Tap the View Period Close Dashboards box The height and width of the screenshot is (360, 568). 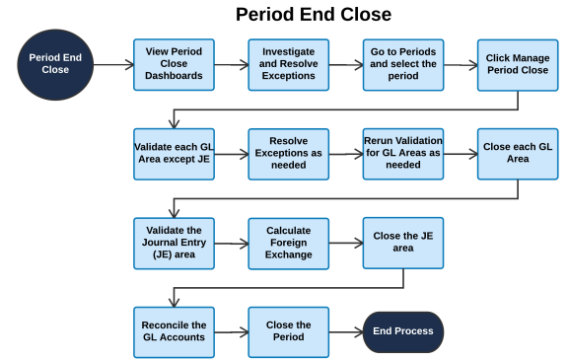(x=174, y=64)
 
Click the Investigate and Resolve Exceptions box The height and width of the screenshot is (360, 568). (x=288, y=64)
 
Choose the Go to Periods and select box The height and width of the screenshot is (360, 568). (x=403, y=65)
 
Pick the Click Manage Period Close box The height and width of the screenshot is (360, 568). (x=518, y=65)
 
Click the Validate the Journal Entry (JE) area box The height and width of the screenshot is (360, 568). (x=174, y=243)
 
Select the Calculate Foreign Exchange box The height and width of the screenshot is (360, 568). (x=288, y=243)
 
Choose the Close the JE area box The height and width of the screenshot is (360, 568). (x=403, y=243)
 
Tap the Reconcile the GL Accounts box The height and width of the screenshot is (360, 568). (x=174, y=331)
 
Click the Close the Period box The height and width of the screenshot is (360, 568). (x=288, y=331)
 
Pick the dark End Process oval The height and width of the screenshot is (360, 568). (x=403, y=331)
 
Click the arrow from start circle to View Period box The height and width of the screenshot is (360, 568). (x=115, y=65)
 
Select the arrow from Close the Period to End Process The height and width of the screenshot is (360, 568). (x=345, y=332)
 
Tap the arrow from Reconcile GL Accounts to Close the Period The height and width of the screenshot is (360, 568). (x=231, y=332)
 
